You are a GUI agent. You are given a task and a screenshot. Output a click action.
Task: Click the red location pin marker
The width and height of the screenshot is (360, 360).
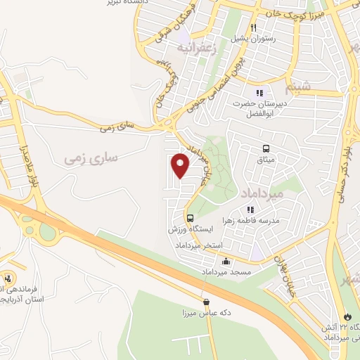[x=181, y=165]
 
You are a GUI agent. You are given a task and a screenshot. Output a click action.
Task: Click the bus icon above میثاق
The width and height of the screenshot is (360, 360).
[x=266, y=148]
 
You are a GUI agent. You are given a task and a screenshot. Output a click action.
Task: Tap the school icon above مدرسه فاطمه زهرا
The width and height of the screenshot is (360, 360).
[x=250, y=209]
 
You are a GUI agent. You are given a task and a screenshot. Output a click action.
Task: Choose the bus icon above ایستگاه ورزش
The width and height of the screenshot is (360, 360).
[x=191, y=217]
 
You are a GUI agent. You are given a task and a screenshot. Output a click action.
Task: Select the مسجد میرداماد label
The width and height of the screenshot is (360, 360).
[x=221, y=271]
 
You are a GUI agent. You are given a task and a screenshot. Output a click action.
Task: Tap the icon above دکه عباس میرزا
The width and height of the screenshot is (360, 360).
[x=206, y=302]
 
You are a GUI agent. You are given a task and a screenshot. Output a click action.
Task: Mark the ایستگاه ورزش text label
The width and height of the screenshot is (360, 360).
[x=191, y=230]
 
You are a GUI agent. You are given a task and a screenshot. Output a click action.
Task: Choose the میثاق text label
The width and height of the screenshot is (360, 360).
[x=266, y=161]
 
